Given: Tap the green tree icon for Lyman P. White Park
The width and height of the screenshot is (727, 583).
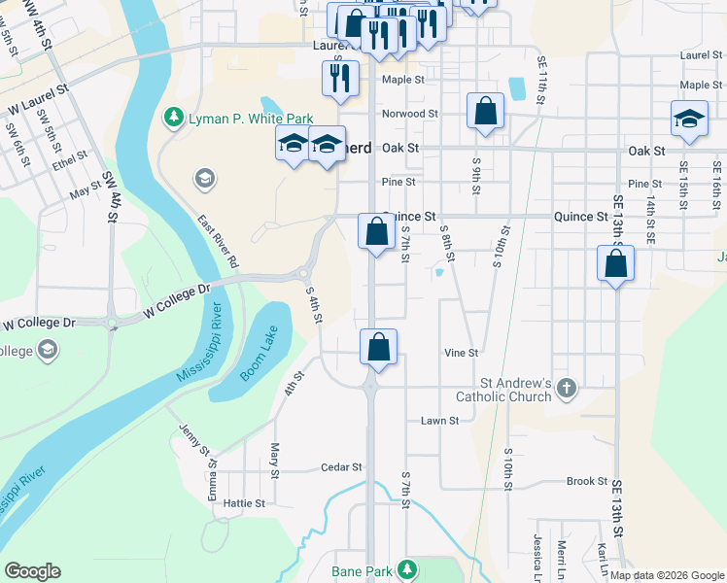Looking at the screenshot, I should click(174, 118).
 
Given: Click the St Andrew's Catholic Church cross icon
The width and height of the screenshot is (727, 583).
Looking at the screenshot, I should click(567, 391).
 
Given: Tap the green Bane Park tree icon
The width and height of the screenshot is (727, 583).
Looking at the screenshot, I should click(410, 568).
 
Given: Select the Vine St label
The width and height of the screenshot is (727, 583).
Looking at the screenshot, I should click(461, 353).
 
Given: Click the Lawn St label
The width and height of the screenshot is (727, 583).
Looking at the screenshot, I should click(438, 421).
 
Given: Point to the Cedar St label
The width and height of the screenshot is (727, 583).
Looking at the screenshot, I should click(341, 467).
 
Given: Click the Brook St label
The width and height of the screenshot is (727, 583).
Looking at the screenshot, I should click(587, 482).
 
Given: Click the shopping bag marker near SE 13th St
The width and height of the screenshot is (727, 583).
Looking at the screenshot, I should click(615, 264).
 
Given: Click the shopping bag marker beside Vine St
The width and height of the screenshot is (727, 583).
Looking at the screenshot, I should click(379, 347).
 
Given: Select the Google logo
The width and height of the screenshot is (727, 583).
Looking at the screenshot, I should click(32, 571).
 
